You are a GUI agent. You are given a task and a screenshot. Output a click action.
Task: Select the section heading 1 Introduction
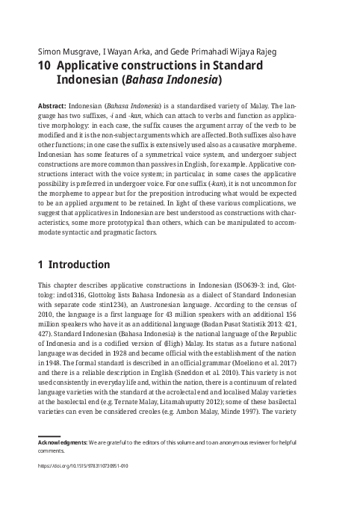click(x=73, y=264)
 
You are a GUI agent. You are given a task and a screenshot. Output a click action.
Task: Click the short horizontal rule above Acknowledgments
click(x=49, y=456)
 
